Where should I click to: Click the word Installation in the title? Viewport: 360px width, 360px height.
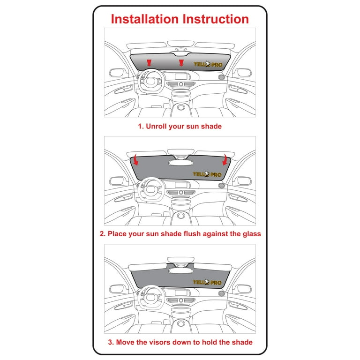(145, 19)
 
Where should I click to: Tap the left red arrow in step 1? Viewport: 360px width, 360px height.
(149, 63)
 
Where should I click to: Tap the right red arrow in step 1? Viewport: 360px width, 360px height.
(181, 63)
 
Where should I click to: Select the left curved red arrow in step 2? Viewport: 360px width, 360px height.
(135, 160)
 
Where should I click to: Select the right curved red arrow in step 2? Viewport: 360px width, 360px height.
(225, 160)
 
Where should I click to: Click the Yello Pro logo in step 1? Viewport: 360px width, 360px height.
(208, 64)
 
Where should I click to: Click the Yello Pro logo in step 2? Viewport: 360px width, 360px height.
(207, 174)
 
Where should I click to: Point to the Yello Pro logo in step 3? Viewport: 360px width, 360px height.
(207, 282)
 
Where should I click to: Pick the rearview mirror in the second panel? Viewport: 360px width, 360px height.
(180, 163)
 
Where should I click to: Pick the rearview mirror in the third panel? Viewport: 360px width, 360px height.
(180, 270)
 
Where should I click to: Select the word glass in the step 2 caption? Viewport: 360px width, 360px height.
(252, 234)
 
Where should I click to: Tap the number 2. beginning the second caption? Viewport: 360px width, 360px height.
(103, 234)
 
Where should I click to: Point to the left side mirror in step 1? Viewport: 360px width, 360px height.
(117, 73)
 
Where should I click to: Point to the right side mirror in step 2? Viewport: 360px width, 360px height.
(244, 181)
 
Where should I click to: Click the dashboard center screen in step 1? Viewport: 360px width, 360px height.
(180, 76)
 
